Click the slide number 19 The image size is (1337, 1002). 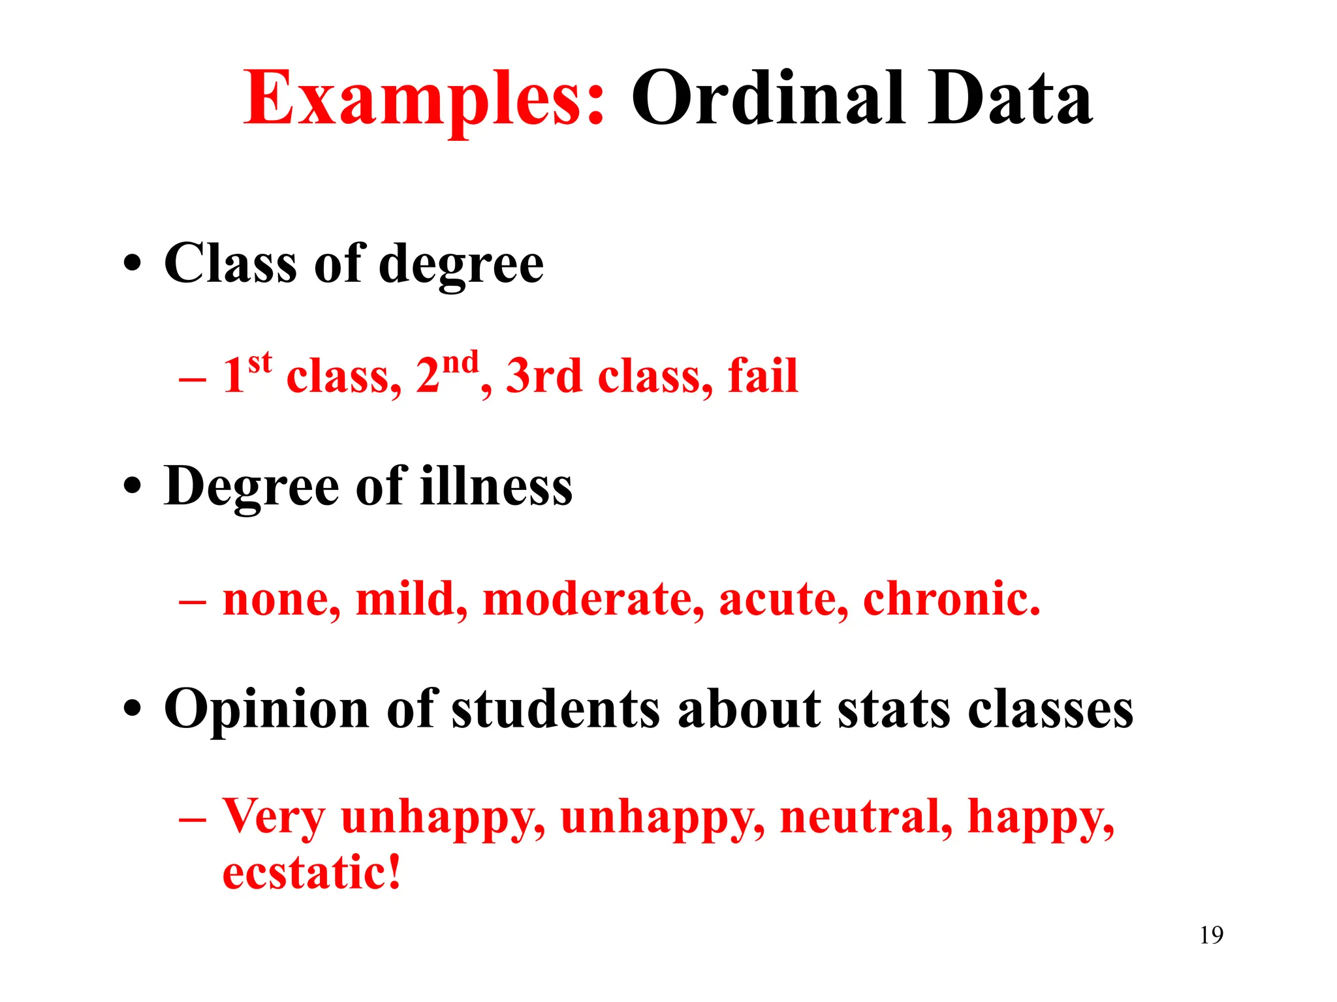[x=1211, y=935]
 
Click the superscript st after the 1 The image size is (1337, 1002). [x=260, y=361]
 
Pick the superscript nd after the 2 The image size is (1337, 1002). [x=460, y=361]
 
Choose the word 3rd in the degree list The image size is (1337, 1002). [x=543, y=376]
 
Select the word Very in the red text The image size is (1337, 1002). [x=274, y=818]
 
